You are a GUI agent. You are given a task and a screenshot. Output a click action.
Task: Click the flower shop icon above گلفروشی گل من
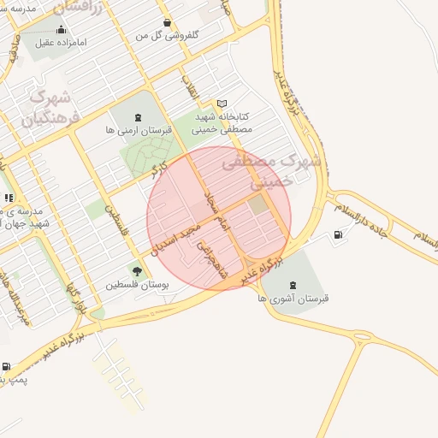(x=166, y=23)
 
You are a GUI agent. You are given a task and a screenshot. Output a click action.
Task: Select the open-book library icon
(x=222, y=103)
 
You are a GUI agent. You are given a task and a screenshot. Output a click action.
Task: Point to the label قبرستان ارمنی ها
(x=139, y=131)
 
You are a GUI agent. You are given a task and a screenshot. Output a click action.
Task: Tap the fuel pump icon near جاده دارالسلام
(x=339, y=234)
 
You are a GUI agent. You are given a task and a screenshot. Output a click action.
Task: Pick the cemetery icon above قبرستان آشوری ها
(x=293, y=285)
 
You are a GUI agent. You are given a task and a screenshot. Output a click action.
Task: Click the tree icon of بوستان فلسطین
(x=137, y=271)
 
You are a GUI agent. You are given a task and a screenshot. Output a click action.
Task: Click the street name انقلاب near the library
(x=189, y=89)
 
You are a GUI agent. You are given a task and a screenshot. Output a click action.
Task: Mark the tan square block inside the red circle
(x=258, y=204)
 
